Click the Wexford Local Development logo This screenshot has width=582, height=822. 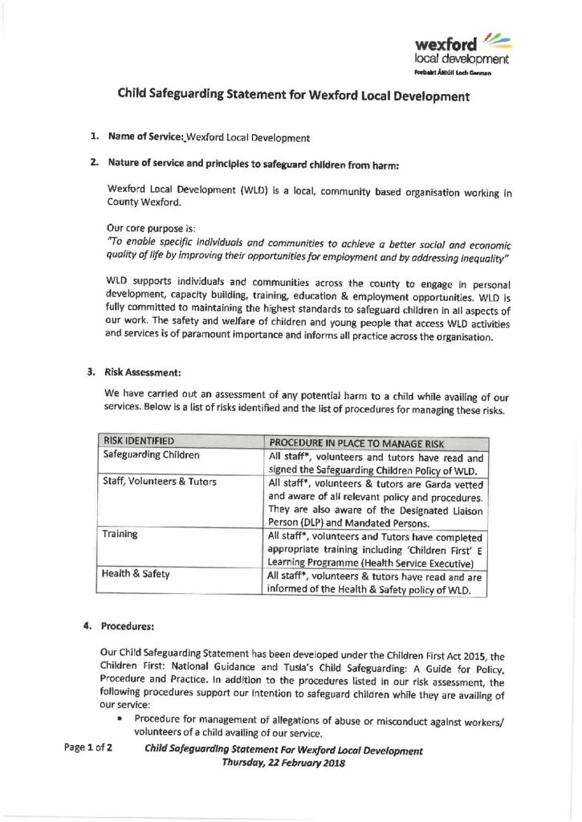pos(461,53)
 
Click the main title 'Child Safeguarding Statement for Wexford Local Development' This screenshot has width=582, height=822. pos(293,96)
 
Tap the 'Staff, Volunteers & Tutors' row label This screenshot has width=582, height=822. pos(160,482)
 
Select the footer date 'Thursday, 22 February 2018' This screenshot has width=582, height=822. pos(283,763)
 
